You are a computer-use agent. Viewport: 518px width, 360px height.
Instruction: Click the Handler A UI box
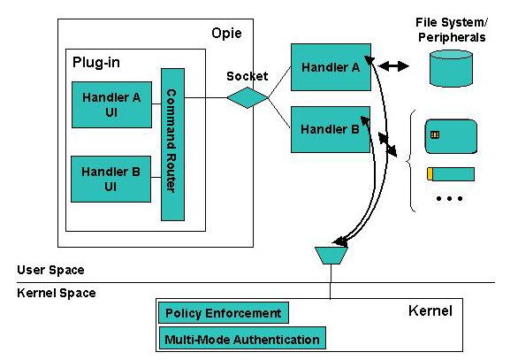pyautogui.click(x=111, y=104)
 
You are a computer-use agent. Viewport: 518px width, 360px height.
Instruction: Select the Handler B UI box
pyautogui.click(x=111, y=179)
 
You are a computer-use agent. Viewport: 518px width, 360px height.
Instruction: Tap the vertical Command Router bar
pyautogui.click(x=172, y=144)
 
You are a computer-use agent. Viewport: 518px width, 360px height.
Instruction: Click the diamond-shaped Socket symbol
pyautogui.click(x=248, y=97)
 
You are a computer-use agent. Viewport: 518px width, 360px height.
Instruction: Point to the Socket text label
pyautogui.click(x=248, y=76)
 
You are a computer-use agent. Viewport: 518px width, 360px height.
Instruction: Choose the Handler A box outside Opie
pyautogui.click(x=331, y=67)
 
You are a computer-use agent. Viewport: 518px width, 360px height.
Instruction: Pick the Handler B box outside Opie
pyautogui.click(x=331, y=129)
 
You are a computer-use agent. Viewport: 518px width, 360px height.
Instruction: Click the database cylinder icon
pyautogui.click(x=451, y=68)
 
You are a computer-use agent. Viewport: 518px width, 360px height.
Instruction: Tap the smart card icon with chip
pyautogui.click(x=451, y=136)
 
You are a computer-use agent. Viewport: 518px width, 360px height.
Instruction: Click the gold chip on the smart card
pyautogui.click(x=435, y=134)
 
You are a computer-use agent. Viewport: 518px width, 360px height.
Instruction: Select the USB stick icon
pyautogui.click(x=451, y=174)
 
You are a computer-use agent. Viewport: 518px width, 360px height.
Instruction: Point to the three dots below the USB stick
pyautogui.click(x=449, y=198)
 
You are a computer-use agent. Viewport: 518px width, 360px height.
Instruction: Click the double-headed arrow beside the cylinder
pyautogui.click(x=393, y=66)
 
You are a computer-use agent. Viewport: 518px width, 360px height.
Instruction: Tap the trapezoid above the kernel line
pyautogui.click(x=331, y=256)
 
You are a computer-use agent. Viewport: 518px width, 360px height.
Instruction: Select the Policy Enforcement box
pyautogui.click(x=224, y=313)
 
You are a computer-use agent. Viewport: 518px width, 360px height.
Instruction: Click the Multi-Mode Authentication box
pyautogui.click(x=242, y=338)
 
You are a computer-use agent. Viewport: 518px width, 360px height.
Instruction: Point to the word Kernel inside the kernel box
pyautogui.click(x=430, y=310)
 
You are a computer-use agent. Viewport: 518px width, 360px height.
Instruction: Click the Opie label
pyautogui.click(x=226, y=33)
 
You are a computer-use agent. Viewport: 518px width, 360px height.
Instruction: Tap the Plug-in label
pyautogui.click(x=96, y=63)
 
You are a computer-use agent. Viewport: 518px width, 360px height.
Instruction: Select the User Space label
pyautogui.click(x=50, y=270)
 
